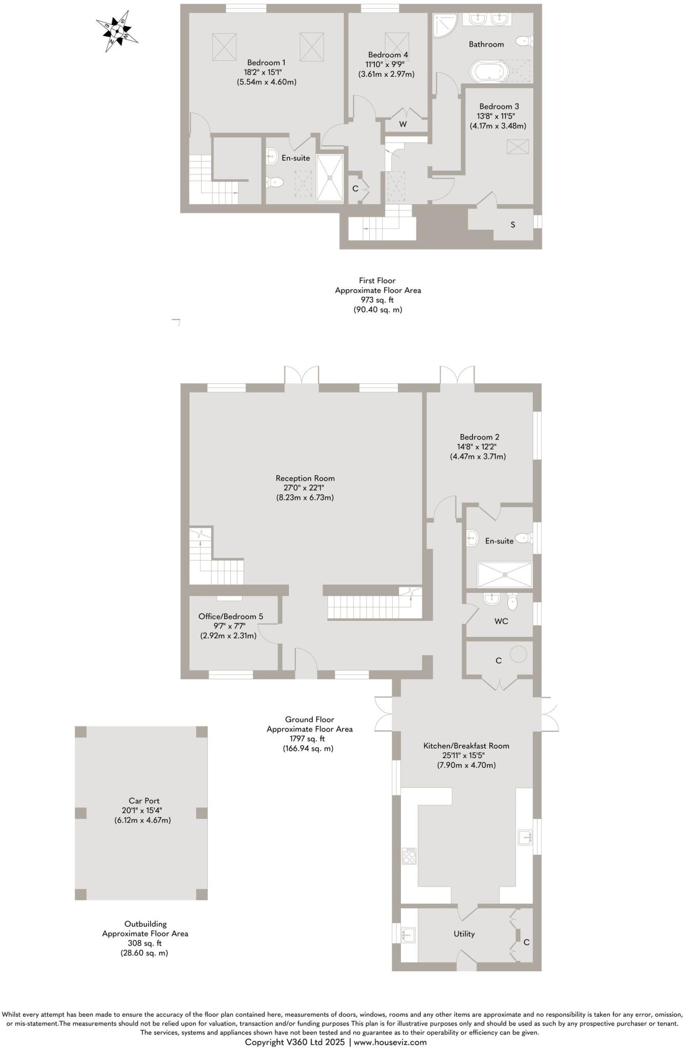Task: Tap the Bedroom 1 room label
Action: [266, 62]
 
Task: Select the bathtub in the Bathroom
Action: [488, 71]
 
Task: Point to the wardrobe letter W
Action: [403, 124]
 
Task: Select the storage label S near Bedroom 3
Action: [512, 225]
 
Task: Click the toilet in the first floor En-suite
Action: [275, 182]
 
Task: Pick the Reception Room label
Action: [305, 478]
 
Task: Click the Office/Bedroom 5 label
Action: [230, 616]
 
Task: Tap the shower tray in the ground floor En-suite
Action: [504, 575]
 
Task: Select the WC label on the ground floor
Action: [501, 621]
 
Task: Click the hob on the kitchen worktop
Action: [409, 856]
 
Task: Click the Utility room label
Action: [464, 934]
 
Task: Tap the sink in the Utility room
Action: [409, 934]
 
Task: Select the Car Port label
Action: [144, 801]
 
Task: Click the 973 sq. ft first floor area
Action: [378, 300]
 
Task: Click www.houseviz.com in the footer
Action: [390, 1042]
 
